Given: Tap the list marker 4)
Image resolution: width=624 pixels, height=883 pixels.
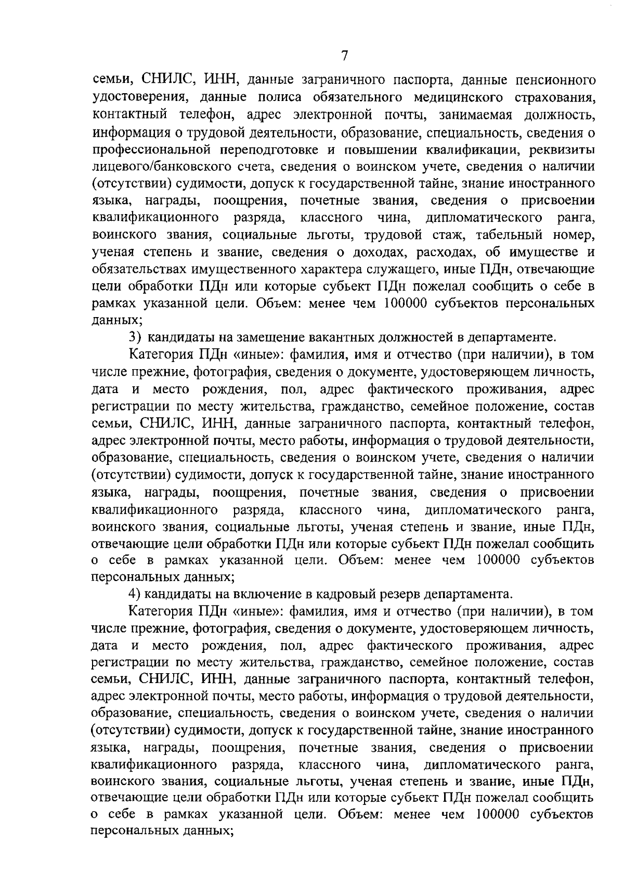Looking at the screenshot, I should tap(136, 594).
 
